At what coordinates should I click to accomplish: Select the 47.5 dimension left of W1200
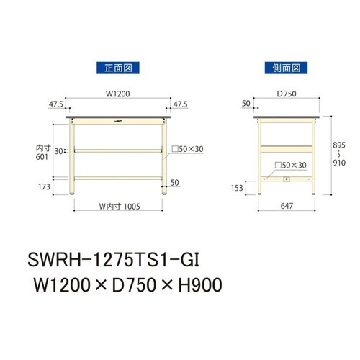pyautogui.click(x=55, y=103)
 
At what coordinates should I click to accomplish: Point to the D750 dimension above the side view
pyautogui.click(x=287, y=93)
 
